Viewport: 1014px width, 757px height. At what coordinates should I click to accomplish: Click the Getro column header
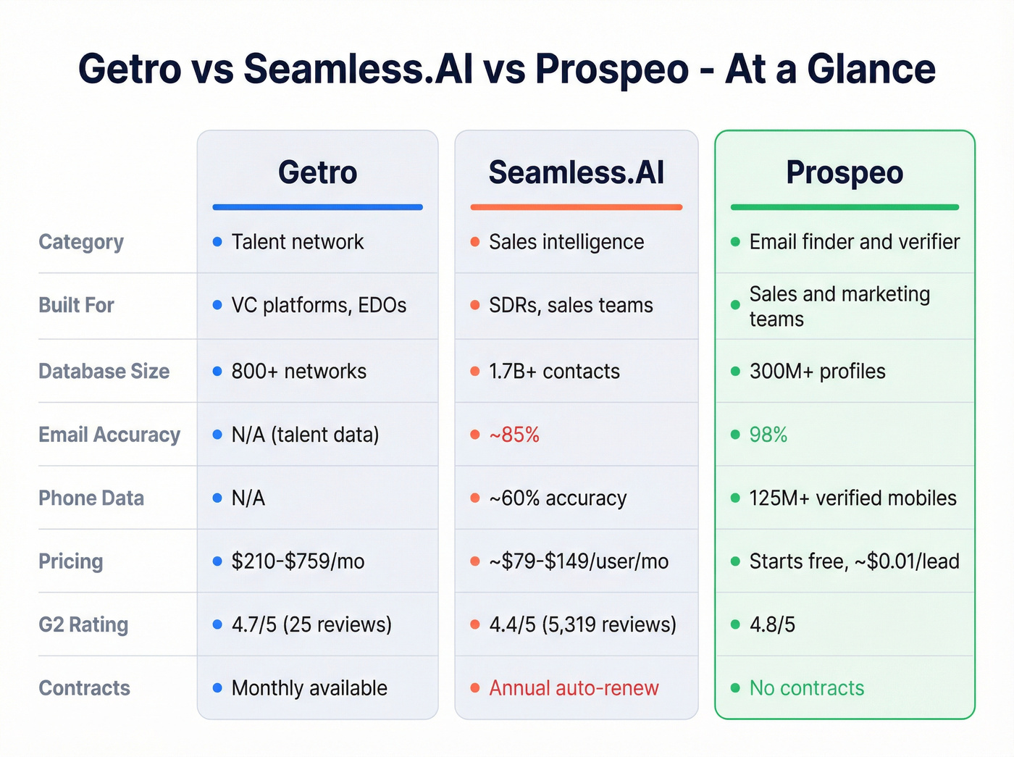tap(317, 172)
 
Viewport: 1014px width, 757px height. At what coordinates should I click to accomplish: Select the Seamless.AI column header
tap(576, 172)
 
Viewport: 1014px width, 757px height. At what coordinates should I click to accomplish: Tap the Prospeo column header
tap(845, 172)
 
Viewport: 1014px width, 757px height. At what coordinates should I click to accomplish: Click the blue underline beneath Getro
tap(317, 207)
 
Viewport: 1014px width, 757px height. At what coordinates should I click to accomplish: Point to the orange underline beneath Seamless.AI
tap(576, 207)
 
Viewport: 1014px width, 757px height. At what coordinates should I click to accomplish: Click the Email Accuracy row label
tap(109, 435)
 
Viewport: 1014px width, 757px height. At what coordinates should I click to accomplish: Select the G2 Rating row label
tap(83, 624)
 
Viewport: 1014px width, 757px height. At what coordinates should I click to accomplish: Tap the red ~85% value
tap(514, 435)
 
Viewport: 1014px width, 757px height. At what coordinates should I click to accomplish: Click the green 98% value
tap(768, 435)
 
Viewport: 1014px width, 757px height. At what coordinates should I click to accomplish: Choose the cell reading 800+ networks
tap(298, 372)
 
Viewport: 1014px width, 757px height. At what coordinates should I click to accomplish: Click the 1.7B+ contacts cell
tap(554, 372)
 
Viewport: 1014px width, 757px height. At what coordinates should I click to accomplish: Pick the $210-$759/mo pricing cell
tap(298, 561)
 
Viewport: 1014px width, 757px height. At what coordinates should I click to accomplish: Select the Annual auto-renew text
tap(574, 688)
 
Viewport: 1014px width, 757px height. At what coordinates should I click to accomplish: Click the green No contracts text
tap(807, 688)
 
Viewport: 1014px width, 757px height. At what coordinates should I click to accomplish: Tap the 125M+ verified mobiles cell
tap(852, 498)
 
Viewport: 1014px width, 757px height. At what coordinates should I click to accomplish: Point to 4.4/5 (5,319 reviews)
tap(582, 624)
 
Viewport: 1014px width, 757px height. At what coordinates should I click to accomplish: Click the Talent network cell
tap(297, 242)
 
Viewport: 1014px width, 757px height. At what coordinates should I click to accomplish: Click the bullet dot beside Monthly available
tap(217, 688)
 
